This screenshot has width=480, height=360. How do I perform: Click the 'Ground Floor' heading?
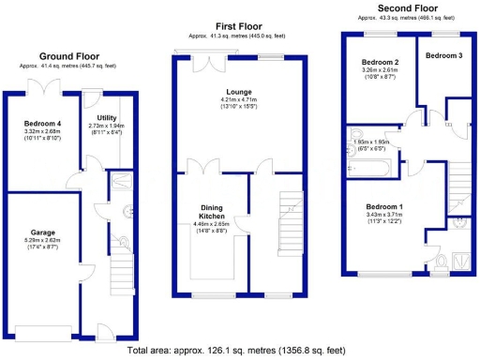67,55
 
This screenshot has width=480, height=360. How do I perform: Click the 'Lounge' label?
237,91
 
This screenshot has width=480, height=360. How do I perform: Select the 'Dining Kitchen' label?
210,213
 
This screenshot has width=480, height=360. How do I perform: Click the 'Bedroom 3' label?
443,56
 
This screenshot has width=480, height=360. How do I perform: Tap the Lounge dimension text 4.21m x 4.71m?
237,99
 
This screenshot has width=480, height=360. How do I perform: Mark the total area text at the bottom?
240,352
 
